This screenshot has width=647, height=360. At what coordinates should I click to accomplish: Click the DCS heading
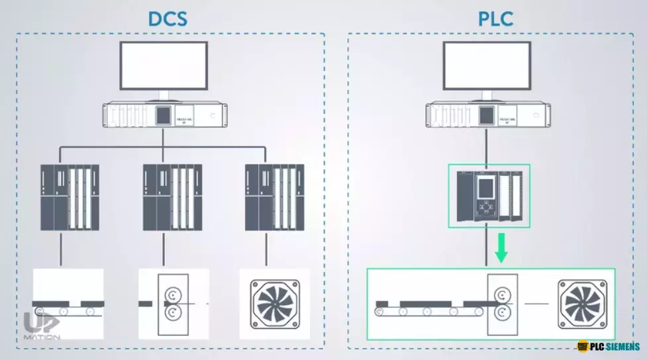coord(168,18)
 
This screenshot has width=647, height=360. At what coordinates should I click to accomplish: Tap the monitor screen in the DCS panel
coord(164,65)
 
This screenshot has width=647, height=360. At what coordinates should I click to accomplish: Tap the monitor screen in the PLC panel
coord(487,65)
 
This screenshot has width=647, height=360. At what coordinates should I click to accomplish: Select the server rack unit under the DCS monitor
coord(164,116)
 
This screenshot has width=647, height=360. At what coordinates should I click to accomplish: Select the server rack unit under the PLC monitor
coord(487,116)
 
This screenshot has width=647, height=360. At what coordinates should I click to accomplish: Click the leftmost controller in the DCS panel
coord(70,197)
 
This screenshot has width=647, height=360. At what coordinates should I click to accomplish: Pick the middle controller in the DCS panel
coord(172,197)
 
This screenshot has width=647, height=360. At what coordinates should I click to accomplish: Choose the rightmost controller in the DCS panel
coord(274,197)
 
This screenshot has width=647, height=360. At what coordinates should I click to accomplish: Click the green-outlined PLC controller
coord(489,196)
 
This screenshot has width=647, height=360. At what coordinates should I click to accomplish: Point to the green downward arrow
coord(501,249)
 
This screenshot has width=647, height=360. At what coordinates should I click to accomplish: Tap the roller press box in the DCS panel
coord(173,304)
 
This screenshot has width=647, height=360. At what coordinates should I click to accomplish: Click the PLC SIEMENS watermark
coord(609,347)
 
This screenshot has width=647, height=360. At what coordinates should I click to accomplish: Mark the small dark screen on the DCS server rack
coord(163,115)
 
